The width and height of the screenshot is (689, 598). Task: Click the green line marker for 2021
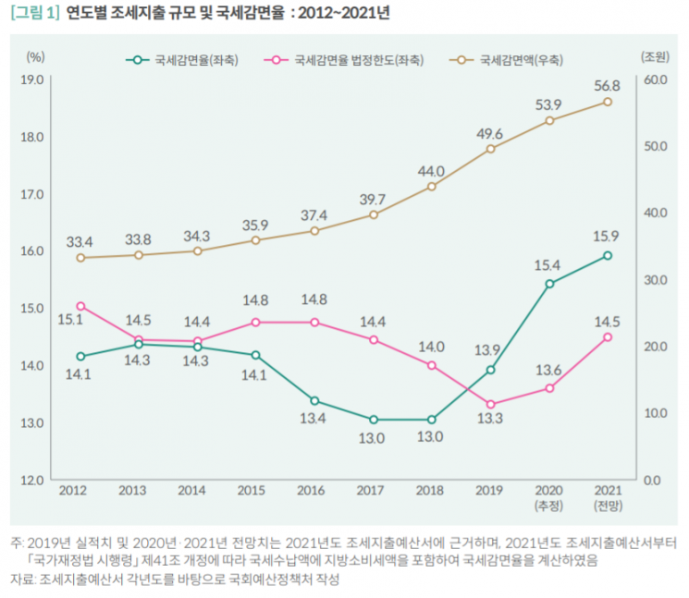pyautogui.click(x=608, y=255)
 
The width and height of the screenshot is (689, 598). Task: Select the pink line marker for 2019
pyautogui.click(x=491, y=405)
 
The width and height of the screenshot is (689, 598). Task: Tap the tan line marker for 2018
pyautogui.click(x=432, y=187)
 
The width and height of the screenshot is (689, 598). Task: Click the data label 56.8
pyautogui.click(x=607, y=86)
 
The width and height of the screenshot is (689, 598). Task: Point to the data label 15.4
pyautogui.click(x=548, y=265)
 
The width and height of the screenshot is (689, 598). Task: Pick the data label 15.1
pyautogui.click(x=70, y=320)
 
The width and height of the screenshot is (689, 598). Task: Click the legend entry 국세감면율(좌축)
pyautogui.click(x=182, y=60)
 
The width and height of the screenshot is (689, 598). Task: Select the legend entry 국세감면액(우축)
pyautogui.click(x=506, y=60)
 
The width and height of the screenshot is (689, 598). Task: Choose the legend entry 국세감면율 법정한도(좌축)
pyautogui.click(x=344, y=60)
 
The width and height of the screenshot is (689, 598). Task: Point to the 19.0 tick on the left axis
pyautogui.click(x=32, y=79)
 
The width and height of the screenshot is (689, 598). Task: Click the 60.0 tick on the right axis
pyautogui.click(x=656, y=79)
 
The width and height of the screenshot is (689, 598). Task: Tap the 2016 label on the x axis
pyautogui.click(x=311, y=491)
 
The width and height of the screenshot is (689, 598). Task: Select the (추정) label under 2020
pyautogui.click(x=548, y=506)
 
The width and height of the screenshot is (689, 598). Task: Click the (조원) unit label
pyautogui.click(x=655, y=56)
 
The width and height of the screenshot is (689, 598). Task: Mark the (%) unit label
pyautogui.click(x=35, y=56)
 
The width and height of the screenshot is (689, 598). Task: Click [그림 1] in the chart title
pyautogui.click(x=35, y=13)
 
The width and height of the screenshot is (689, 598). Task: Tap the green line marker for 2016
pyautogui.click(x=314, y=401)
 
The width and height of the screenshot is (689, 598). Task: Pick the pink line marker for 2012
pyautogui.click(x=80, y=306)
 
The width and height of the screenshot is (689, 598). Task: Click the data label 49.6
pyautogui.click(x=489, y=134)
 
